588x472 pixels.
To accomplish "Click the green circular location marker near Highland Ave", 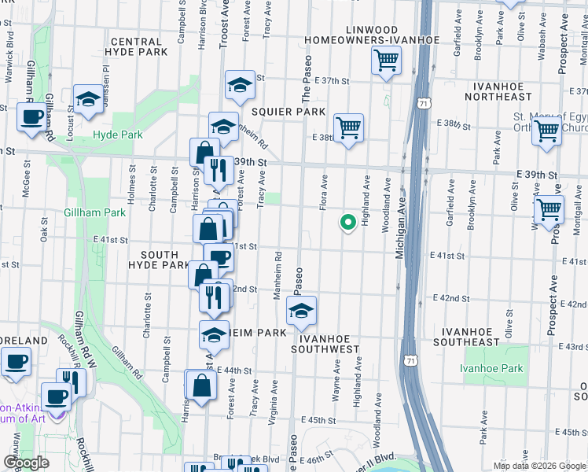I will click(347, 223).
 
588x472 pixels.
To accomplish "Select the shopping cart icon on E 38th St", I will click(347, 127).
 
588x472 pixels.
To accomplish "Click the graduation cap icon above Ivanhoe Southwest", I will click(301, 312).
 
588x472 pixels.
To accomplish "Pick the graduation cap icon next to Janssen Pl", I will click(89, 99).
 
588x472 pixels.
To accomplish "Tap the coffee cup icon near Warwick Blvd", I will click(31, 117).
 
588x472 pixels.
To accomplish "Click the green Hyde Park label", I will click(118, 135).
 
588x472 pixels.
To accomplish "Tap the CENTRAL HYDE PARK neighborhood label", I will click(140, 46).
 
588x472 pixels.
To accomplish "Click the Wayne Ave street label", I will click(336, 382).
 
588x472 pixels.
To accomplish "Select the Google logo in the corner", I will click(26, 463).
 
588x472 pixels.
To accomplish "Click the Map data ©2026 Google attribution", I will click(539, 466).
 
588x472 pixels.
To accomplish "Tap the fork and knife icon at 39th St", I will click(215, 168).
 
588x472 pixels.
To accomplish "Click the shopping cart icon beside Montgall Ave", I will click(549, 210).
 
